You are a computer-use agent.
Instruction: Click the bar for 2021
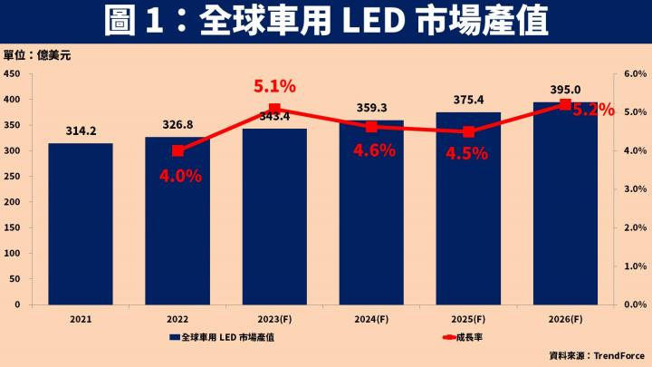pos(81,224)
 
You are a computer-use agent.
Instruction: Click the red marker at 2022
pos(178,150)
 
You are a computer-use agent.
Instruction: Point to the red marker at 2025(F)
pos(468,131)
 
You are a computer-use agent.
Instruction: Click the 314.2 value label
pos(81,131)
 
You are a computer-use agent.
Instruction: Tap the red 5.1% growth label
pos(274,87)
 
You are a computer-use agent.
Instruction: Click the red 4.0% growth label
pos(179,176)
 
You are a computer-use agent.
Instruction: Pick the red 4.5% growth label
pos(467,153)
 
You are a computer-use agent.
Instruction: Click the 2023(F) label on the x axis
pos(274,320)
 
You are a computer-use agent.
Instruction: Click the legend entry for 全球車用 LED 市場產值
pos(230,337)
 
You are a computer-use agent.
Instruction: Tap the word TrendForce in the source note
pos(615,354)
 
